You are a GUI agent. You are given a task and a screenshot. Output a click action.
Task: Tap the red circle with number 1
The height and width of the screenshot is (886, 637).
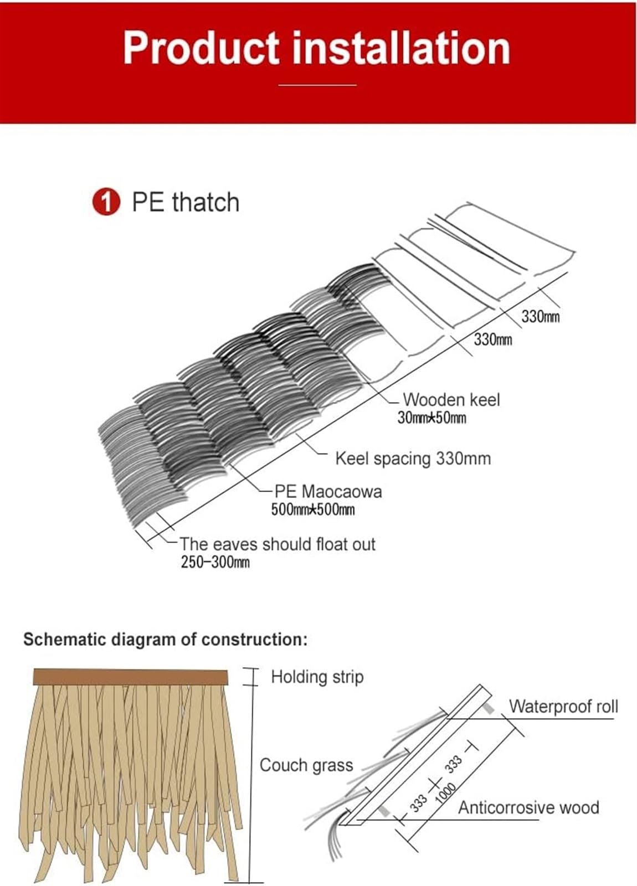106,203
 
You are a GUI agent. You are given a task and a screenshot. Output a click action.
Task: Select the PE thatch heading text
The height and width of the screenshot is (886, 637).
186,202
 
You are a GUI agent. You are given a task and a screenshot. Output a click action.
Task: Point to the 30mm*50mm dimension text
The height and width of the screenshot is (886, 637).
431,418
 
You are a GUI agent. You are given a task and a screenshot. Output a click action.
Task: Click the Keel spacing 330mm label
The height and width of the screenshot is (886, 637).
413,459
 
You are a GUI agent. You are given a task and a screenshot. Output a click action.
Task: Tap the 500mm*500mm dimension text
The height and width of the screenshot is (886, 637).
312,510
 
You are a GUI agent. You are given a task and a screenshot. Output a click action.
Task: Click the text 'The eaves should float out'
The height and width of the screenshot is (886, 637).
278,544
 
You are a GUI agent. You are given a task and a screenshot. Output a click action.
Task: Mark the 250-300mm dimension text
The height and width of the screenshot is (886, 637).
215,563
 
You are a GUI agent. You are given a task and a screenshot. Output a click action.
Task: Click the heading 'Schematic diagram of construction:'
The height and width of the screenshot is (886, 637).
165,640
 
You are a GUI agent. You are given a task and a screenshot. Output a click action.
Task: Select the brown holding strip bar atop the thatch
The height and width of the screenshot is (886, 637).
131,678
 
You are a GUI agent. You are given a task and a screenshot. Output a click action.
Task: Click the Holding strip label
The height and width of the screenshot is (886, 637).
317,677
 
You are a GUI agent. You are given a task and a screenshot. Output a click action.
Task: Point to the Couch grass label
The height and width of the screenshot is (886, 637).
306,766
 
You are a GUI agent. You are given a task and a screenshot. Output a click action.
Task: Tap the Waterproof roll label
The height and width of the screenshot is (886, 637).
563,707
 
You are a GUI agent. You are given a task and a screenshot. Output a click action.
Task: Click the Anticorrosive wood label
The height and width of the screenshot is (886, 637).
528,808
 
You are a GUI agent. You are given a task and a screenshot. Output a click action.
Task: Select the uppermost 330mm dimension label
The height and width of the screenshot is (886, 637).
540,317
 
